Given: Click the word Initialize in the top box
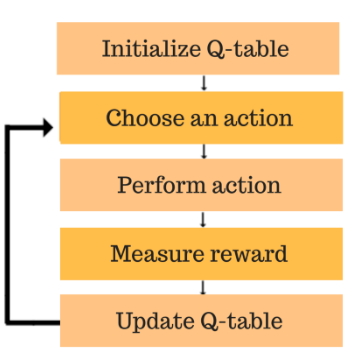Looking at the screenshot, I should coord(146,48).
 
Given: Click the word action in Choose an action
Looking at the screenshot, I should coord(257,118).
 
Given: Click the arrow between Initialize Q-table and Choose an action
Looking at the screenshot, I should coord(204,83).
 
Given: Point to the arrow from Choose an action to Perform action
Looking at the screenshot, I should coord(204,151).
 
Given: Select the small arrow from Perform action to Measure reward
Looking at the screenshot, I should coord(204,219).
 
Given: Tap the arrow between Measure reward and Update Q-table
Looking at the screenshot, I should coord(204,287).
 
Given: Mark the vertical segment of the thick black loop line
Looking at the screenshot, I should coord(8,225).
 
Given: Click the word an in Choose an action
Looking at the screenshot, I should coord(207,119).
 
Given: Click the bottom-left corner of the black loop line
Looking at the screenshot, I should coord(8,323).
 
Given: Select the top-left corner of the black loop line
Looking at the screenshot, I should coord(8,127).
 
